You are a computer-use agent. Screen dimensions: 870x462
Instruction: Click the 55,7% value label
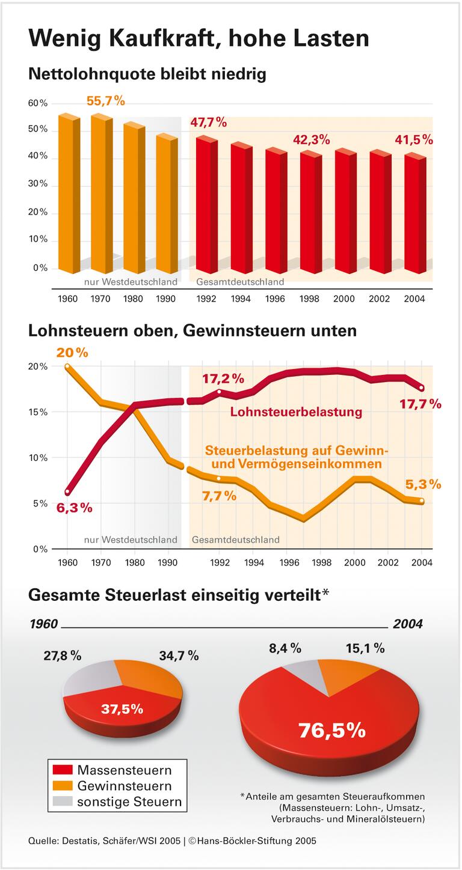[106, 101]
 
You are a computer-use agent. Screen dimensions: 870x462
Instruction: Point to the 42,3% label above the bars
[311, 139]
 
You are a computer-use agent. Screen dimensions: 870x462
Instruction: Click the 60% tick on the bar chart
[38, 103]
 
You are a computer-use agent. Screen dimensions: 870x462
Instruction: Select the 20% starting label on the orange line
[72, 353]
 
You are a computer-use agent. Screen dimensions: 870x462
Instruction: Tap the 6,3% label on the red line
[75, 508]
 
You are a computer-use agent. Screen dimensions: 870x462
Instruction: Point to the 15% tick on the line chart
[38, 412]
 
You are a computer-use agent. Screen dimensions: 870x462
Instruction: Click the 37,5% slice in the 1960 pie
[122, 708]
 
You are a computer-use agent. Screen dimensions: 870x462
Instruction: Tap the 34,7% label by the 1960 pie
[179, 656]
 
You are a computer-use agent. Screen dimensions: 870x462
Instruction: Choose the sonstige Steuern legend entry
[129, 802]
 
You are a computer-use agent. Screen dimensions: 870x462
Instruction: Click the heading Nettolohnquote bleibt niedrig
[147, 75]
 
